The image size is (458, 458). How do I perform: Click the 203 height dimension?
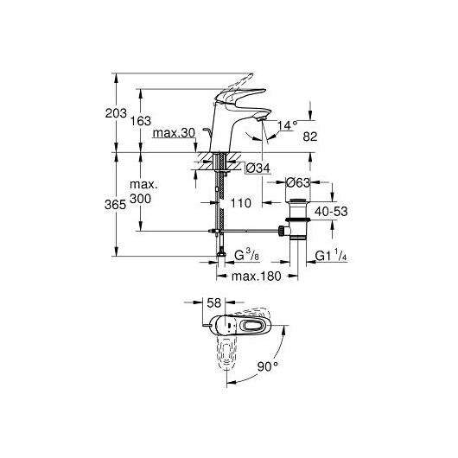[x=116, y=113]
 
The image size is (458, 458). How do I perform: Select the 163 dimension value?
[x=141, y=121]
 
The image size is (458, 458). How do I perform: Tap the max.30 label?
[x=174, y=133]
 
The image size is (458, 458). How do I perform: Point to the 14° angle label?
[x=287, y=125]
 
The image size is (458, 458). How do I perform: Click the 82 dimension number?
[x=310, y=137]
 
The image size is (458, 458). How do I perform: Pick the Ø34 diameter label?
[x=258, y=168]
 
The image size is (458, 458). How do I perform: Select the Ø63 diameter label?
[x=297, y=182]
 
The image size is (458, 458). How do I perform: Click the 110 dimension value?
[x=241, y=203]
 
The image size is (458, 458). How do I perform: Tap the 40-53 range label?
[x=331, y=212]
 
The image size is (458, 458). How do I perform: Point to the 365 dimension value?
[x=116, y=205]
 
